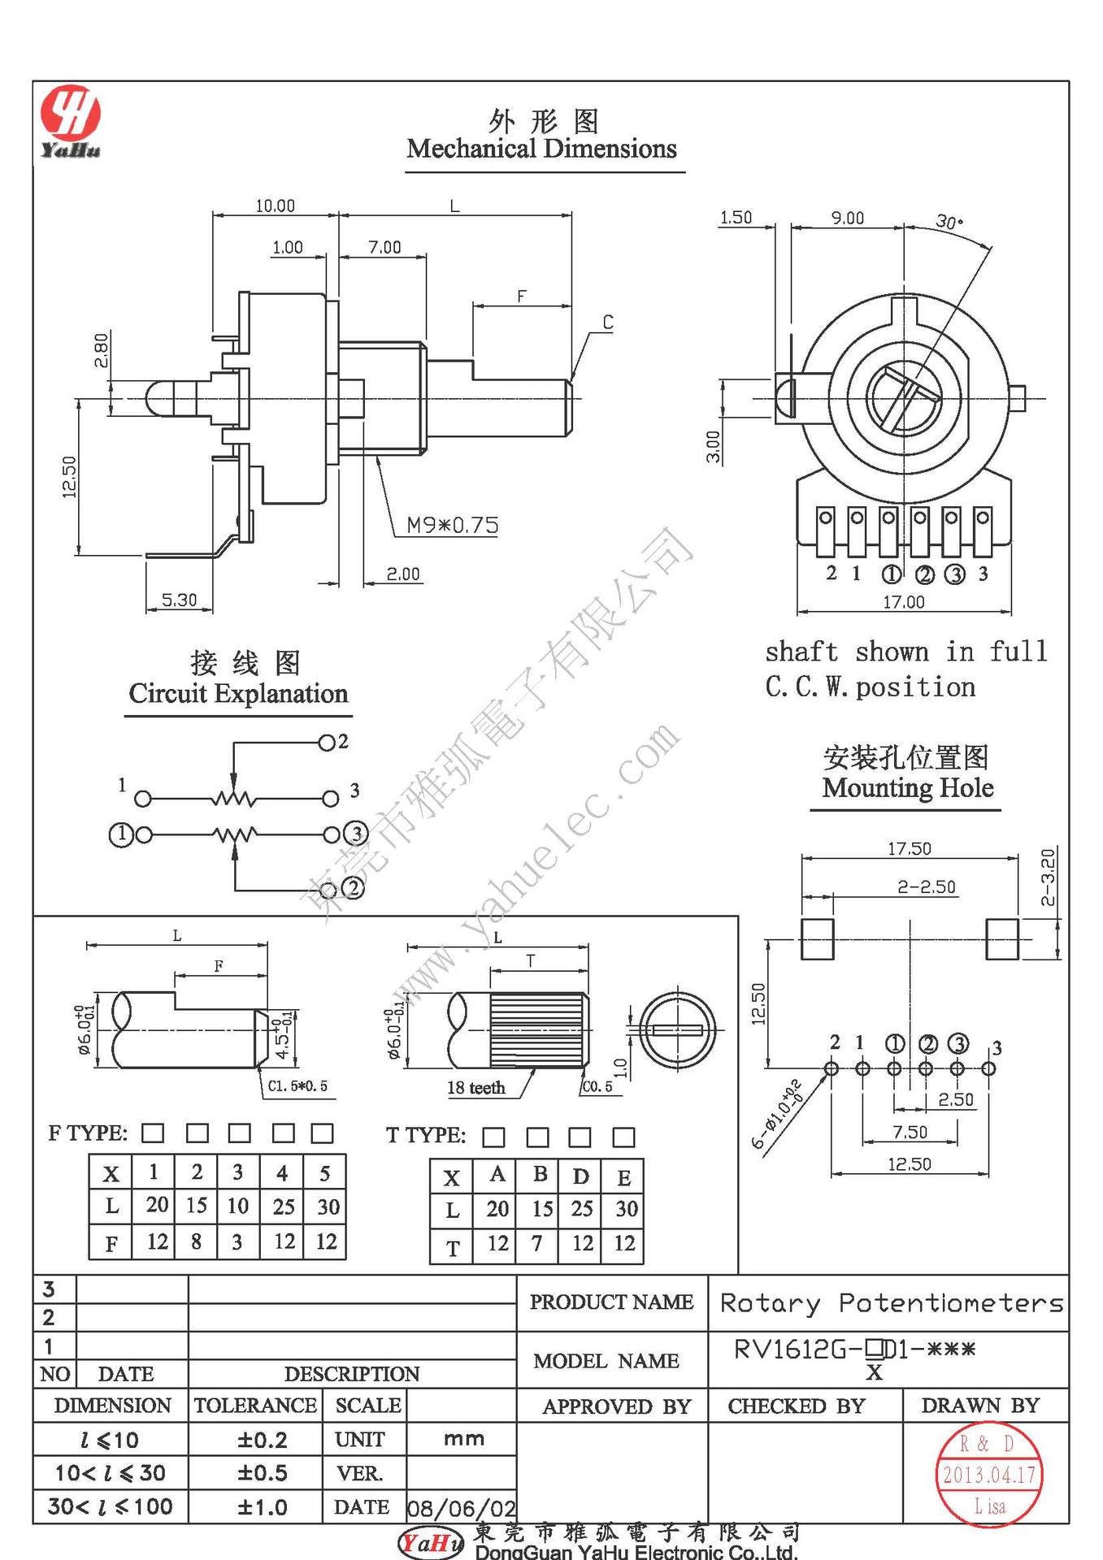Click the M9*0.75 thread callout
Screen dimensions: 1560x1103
(x=452, y=526)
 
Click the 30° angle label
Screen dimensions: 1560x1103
(x=949, y=222)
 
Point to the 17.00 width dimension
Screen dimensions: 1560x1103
(x=904, y=602)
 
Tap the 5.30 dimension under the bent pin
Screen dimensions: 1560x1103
(x=179, y=600)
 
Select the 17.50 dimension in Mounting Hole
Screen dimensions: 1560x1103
(x=909, y=848)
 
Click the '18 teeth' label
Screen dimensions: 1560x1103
(x=476, y=1087)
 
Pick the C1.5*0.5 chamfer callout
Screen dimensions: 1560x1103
(x=297, y=1085)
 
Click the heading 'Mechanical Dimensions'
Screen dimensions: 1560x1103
(x=541, y=149)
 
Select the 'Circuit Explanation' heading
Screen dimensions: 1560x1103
(x=238, y=693)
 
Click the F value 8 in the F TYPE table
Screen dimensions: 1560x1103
(x=197, y=1241)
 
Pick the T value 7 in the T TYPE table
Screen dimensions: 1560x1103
(x=537, y=1243)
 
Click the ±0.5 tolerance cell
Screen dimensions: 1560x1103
(x=262, y=1473)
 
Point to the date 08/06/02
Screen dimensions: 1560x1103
(x=461, y=1509)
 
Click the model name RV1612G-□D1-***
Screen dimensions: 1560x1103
(x=853, y=1350)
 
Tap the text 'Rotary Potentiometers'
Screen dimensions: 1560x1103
(x=891, y=1303)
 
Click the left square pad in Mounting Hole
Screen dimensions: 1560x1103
(x=817, y=939)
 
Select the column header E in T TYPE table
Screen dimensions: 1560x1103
(x=623, y=1177)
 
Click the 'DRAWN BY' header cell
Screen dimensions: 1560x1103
(x=980, y=1406)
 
